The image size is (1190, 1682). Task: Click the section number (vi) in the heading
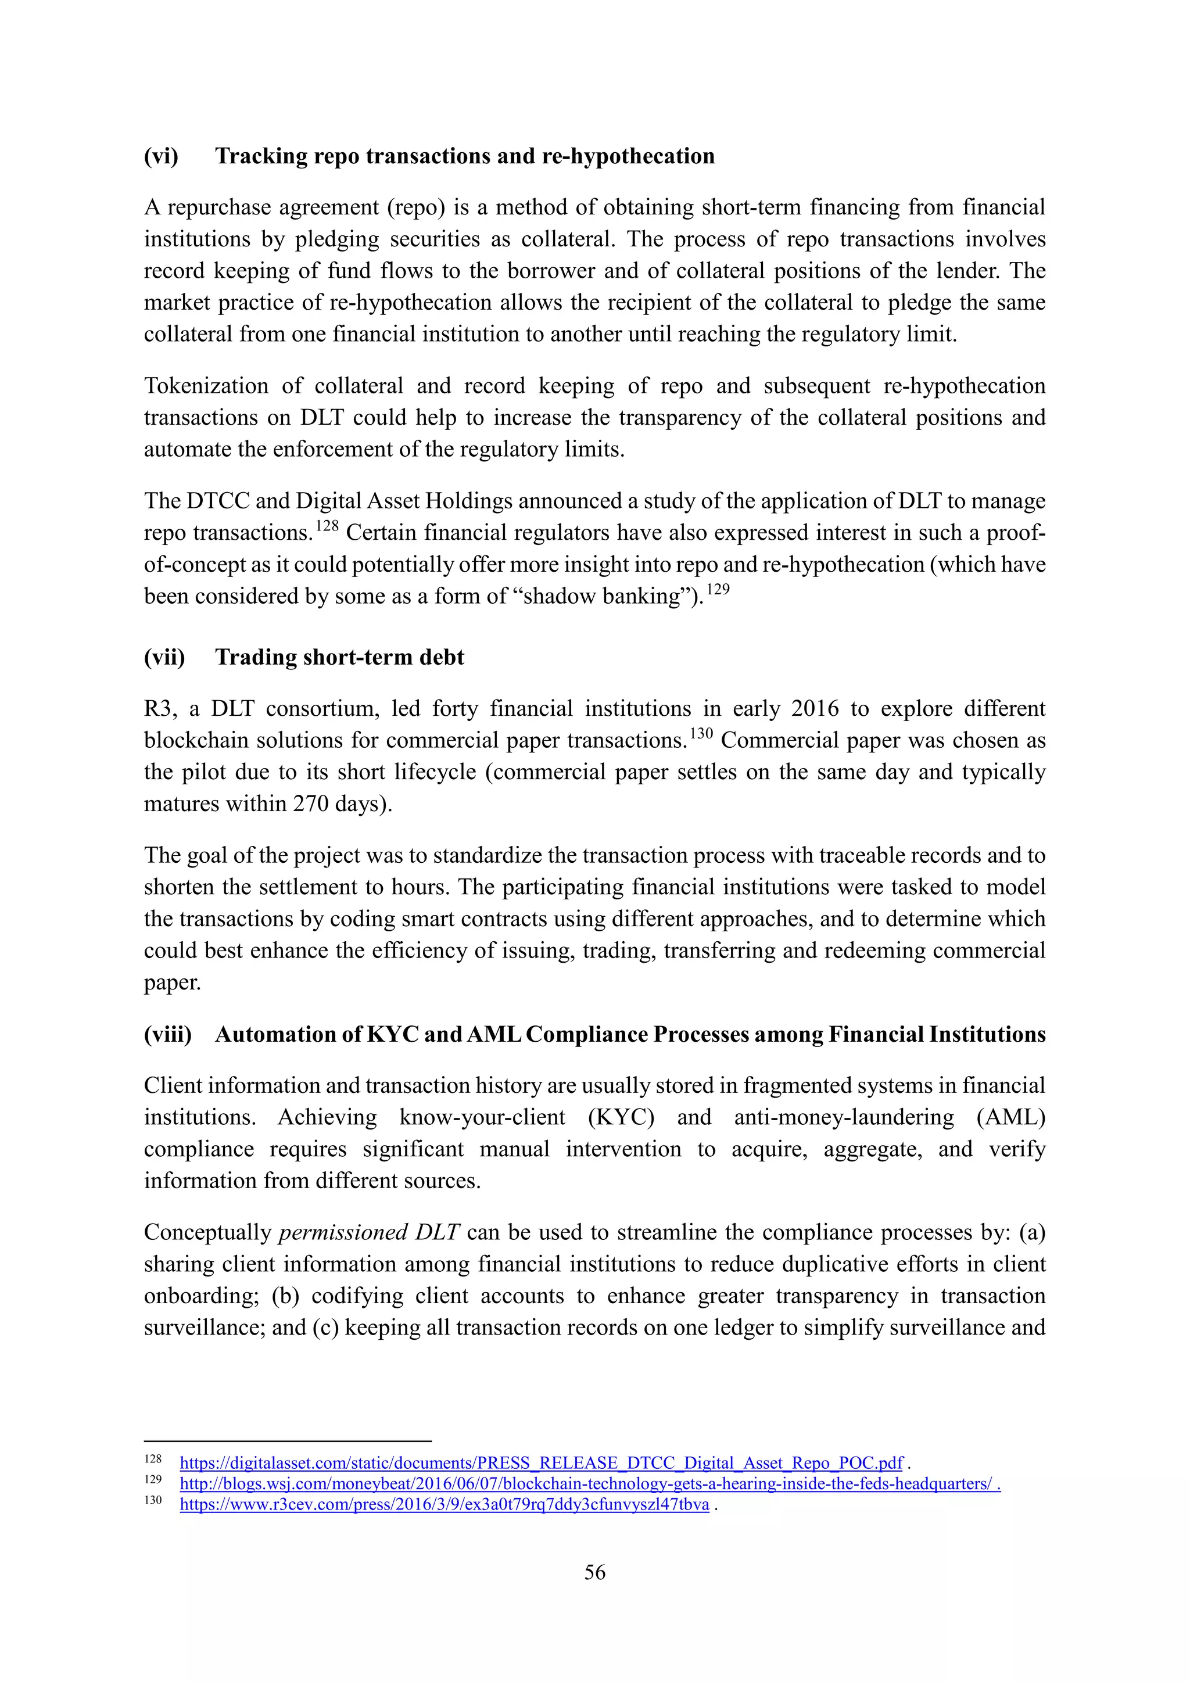click(160, 156)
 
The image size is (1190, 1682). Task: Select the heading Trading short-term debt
click(339, 657)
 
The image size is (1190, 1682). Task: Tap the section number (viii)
click(167, 1034)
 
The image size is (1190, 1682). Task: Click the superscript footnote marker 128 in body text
click(327, 526)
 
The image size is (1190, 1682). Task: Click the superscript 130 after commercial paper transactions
click(701, 733)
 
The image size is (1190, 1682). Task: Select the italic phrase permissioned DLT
click(368, 1232)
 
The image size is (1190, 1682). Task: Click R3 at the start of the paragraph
click(157, 708)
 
